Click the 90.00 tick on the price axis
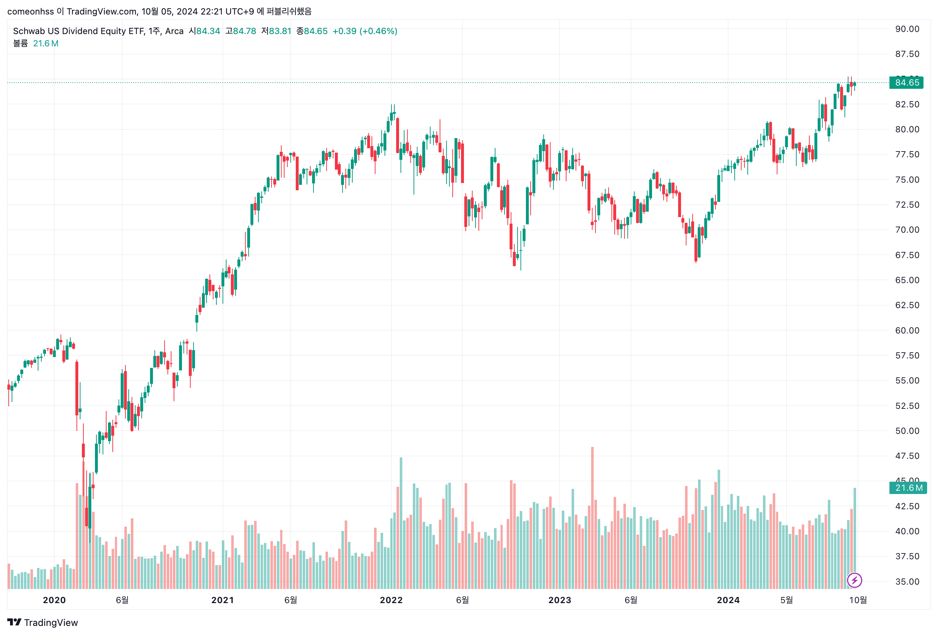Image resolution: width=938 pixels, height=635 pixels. click(x=906, y=29)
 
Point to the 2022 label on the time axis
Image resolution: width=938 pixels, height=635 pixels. click(x=391, y=600)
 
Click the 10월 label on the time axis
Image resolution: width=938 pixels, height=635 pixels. click(x=858, y=600)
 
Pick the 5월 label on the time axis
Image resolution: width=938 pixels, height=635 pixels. click(x=786, y=600)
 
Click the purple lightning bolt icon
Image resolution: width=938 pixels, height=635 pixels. click(x=854, y=581)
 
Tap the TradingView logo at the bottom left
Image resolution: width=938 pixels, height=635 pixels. click(x=42, y=622)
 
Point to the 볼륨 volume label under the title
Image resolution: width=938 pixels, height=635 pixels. click(x=20, y=43)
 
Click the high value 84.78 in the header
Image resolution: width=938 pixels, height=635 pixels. click(x=244, y=31)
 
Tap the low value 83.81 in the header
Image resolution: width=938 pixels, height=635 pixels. click(x=280, y=31)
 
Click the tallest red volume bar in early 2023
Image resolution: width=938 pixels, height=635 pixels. click(x=592, y=517)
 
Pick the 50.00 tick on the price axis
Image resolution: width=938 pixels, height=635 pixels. click(x=906, y=431)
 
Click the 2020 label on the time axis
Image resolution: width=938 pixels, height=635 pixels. click(x=54, y=600)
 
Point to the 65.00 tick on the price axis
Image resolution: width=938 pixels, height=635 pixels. click(x=906, y=280)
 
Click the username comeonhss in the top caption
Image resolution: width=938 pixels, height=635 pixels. click(x=30, y=11)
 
